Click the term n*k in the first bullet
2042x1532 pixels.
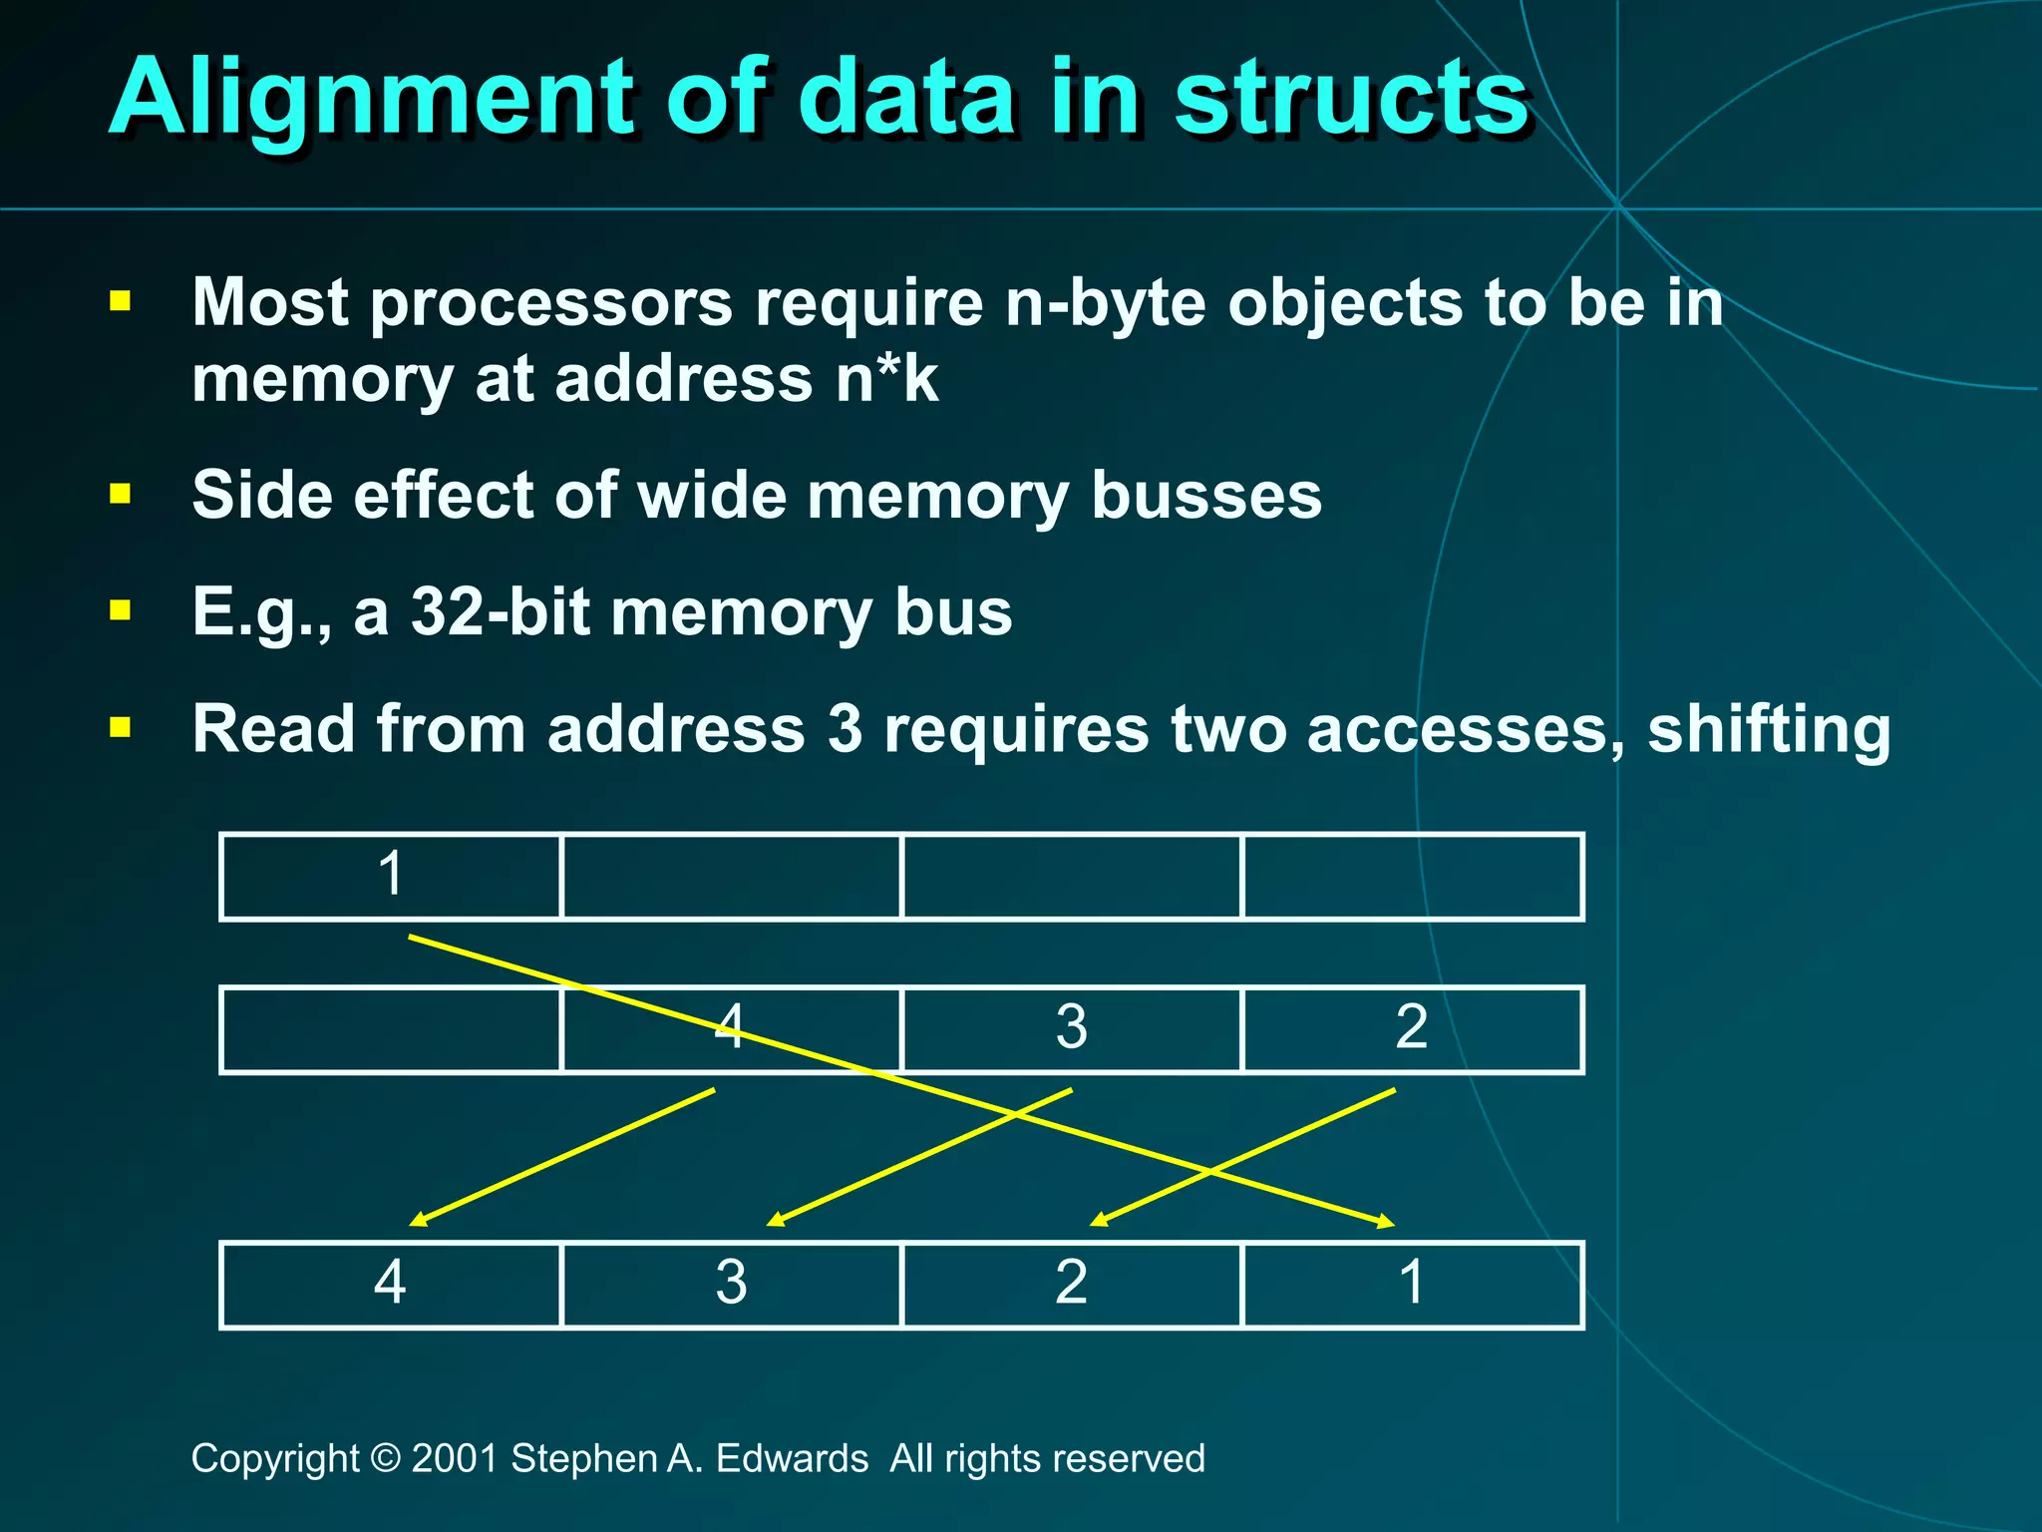[x=886, y=380]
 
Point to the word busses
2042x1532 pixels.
[x=1205, y=496]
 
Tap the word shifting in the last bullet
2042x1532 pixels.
[x=1768, y=729]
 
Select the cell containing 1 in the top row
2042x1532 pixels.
[x=391, y=876]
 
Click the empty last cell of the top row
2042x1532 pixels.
[x=1412, y=876]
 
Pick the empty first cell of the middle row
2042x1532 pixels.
[x=391, y=1029]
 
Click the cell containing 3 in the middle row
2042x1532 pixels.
[x=1071, y=1029]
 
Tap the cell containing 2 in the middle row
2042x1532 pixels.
[x=1412, y=1029]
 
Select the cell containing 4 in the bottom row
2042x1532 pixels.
[x=391, y=1285]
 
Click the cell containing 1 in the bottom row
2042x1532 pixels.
[x=1412, y=1285]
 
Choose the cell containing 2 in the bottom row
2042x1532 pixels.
[x=1071, y=1285]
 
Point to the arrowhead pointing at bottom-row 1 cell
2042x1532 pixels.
[x=1385, y=1221]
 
